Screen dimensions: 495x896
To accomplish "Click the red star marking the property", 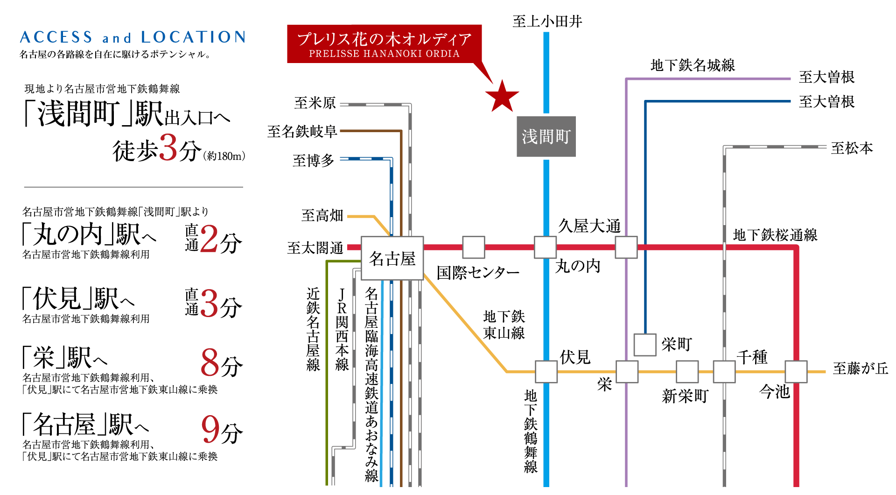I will tap(502, 96).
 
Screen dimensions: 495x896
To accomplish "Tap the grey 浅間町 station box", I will tap(546, 136).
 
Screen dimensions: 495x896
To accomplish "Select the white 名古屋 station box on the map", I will tap(392, 258).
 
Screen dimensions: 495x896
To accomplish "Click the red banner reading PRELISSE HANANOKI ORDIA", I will tap(384, 44).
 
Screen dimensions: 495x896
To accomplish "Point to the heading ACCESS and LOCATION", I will tap(133, 37).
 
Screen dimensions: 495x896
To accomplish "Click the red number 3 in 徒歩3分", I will tap(168, 148).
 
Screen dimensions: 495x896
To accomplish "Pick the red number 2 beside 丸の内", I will tap(210, 239).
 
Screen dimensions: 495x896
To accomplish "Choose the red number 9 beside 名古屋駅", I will tap(210, 429).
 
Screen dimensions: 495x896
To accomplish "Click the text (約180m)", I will tap(224, 156).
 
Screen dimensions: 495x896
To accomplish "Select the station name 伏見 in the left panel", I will tap(57, 299).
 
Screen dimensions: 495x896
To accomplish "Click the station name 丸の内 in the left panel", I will tap(68, 234).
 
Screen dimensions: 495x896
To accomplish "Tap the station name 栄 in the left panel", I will tap(44, 358).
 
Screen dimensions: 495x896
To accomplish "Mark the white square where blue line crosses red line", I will tap(545, 247).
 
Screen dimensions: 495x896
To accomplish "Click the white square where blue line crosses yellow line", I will tap(546, 372).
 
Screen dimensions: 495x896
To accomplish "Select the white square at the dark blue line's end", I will tap(645, 345).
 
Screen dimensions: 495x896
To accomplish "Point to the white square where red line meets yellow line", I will tap(796, 372).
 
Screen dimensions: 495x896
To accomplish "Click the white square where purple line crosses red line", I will tap(626, 247).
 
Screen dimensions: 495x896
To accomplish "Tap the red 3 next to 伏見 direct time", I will tap(210, 303).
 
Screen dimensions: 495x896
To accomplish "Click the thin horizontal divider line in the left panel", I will tap(133, 187).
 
